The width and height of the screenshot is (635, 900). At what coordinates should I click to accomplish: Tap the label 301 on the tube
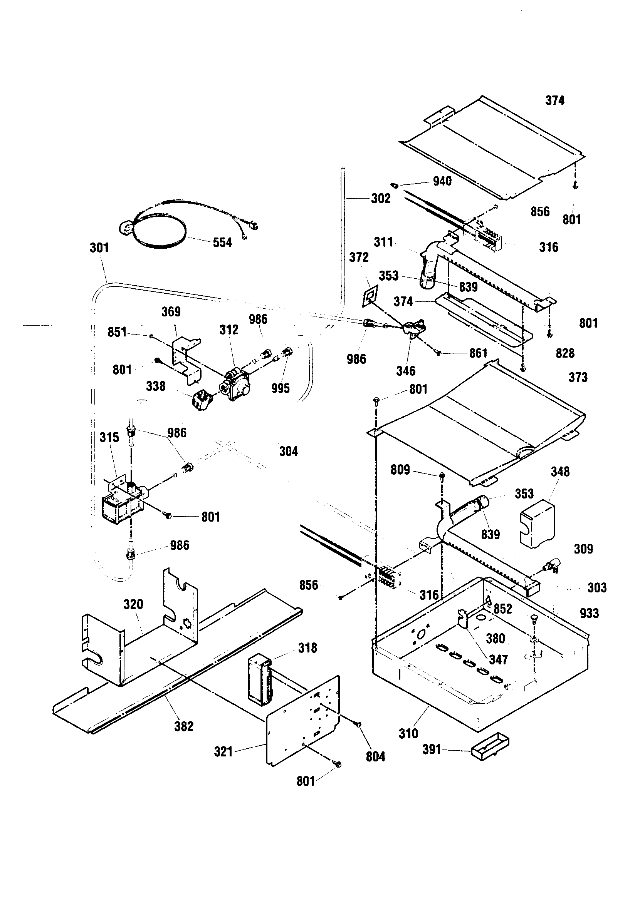(x=99, y=248)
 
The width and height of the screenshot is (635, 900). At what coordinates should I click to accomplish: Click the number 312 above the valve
(x=229, y=330)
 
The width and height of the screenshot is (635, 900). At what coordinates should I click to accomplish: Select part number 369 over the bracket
(x=171, y=312)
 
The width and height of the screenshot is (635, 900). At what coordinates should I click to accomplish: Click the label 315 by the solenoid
(x=109, y=437)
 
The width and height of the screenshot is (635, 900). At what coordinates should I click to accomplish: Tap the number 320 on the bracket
(x=133, y=604)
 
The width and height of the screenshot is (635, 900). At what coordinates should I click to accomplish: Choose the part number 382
(x=184, y=726)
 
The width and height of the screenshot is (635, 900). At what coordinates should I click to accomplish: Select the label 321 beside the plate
(x=223, y=752)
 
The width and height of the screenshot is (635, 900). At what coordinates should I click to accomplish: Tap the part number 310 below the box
(x=408, y=733)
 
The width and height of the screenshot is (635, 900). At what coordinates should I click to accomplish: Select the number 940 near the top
(x=442, y=181)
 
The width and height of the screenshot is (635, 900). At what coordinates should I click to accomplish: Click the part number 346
(x=405, y=371)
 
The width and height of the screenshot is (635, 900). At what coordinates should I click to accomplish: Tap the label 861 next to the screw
(x=478, y=353)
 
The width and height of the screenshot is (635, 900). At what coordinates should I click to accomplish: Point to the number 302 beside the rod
(x=381, y=199)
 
